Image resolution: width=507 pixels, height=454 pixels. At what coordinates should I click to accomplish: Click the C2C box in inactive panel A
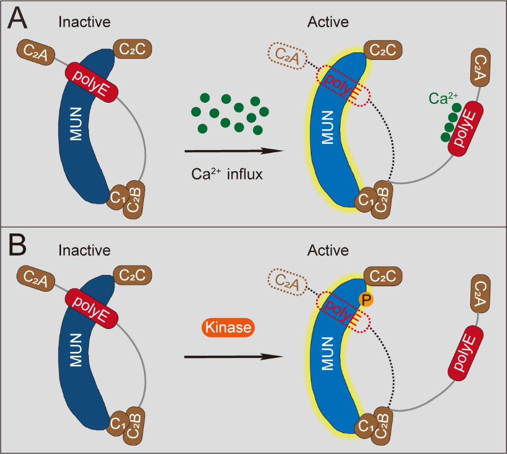point(132,51)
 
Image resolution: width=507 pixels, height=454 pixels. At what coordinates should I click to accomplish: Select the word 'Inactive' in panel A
point(84,23)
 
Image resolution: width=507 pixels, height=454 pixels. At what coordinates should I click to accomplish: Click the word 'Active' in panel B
point(328,250)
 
